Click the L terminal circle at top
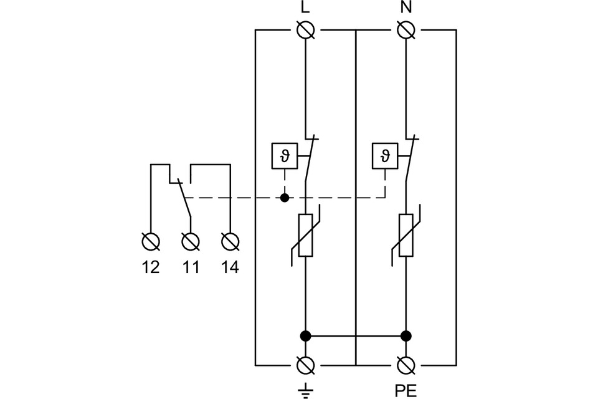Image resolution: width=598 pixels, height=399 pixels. [x=305, y=29]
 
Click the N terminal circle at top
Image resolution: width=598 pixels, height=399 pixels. [x=406, y=29]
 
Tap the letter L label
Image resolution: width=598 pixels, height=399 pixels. [x=305, y=8]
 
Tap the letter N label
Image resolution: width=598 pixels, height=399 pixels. [x=406, y=8]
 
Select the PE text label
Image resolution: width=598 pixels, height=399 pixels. [x=406, y=391]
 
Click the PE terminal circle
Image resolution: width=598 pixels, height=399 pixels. [x=406, y=364]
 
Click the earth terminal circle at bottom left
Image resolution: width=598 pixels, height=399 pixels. [x=305, y=364]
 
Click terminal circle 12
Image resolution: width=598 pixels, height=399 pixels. [x=151, y=241]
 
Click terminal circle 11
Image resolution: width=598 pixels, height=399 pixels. [x=190, y=241]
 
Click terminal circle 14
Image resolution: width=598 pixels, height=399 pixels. [x=230, y=241]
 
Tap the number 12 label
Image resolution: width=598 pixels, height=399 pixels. [x=151, y=267]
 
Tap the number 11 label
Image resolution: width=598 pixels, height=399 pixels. [x=190, y=267]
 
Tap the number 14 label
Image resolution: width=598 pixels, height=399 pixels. [x=230, y=267]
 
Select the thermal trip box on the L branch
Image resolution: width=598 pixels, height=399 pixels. [x=285, y=155]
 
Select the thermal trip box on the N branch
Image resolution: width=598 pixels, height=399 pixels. [x=385, y=155]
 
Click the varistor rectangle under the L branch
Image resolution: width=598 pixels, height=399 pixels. [x=305, y=235]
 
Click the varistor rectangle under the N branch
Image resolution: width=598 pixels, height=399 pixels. [x=406, y=235]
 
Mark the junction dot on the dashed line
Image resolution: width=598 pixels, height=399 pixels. [x=285, y=198]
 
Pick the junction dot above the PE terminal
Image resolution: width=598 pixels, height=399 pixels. [x=406, y=336]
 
